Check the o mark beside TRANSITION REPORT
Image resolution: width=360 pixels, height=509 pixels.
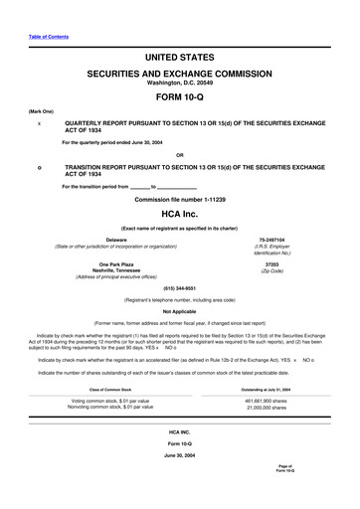[38, 168]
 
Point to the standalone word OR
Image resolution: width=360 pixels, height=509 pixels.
[179, 153]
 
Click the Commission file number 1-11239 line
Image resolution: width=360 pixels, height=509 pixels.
[179, 200]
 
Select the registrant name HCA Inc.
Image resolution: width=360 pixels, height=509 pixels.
[179, 215]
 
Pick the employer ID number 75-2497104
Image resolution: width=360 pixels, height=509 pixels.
[270, 240]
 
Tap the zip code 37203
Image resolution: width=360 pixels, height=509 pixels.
[270, 265]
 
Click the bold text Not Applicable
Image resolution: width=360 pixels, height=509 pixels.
[179, 311]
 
